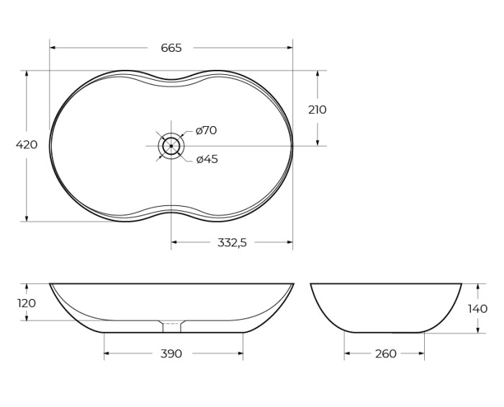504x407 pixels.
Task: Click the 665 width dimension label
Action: pos(171,48)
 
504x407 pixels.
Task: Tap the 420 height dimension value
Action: pos(27,145)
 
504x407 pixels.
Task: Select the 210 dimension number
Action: pos(317,109)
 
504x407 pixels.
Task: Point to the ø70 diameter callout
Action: pos(207,130)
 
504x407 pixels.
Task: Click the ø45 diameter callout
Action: pos(207,158)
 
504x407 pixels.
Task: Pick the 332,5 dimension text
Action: pos(232,243)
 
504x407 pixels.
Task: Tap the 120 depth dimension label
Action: pos(27,303)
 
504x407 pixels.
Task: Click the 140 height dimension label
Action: pos(477,308)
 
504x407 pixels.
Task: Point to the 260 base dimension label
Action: pos(386,354)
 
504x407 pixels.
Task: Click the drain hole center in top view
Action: pos(171,146)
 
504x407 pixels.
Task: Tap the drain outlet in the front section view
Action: pos(171,326)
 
